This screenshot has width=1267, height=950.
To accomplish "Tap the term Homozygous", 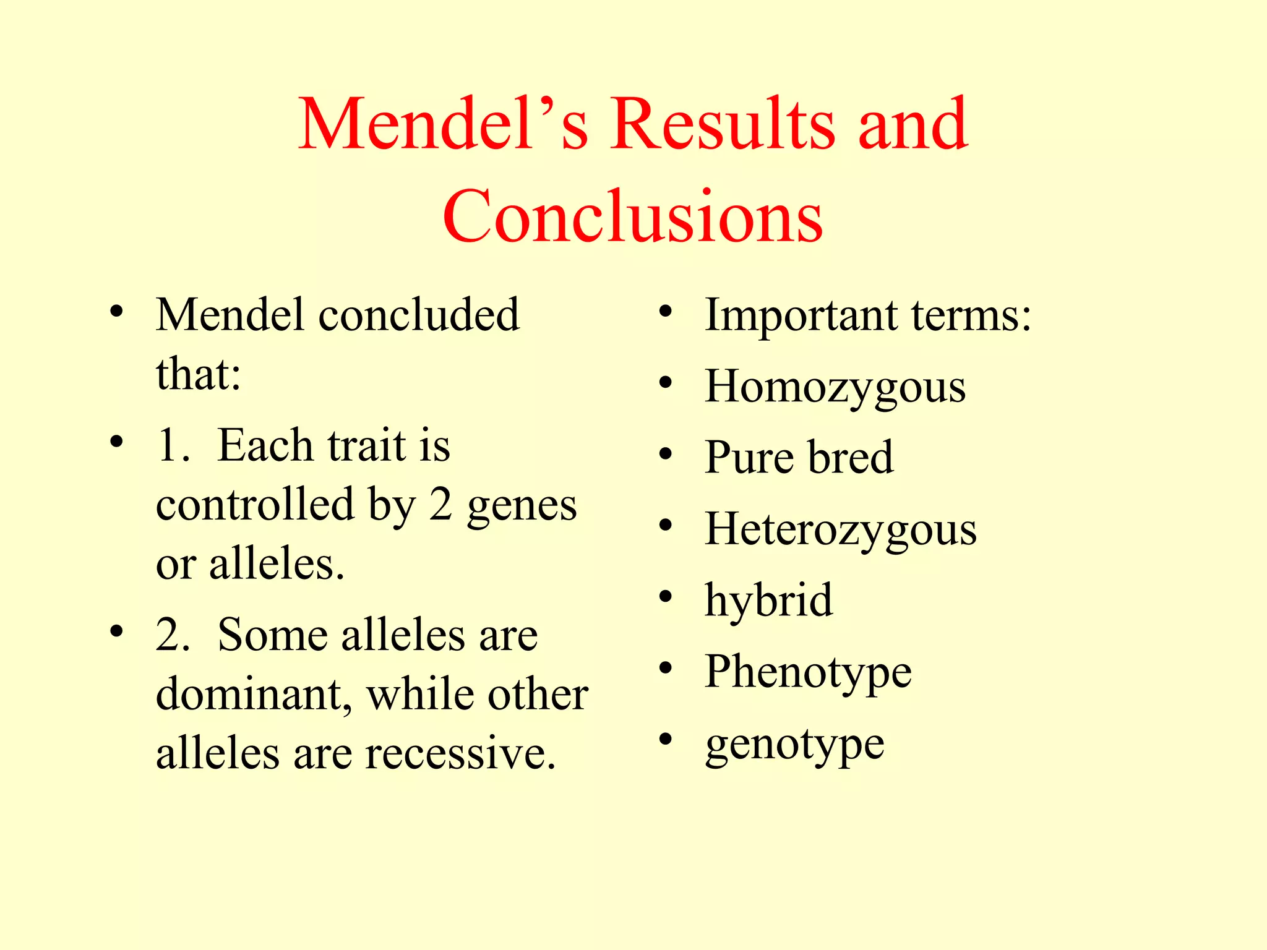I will point(835,387).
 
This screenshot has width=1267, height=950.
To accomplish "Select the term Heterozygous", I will point(840,530).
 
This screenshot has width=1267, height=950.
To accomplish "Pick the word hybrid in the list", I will point(768,601).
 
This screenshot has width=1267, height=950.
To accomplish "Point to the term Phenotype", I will point(808,672).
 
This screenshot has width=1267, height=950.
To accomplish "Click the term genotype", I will point(794,745).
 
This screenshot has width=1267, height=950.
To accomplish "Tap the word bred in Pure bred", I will point(850,458).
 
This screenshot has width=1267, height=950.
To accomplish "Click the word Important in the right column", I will point(801,316).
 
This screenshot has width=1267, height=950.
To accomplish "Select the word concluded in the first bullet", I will point(419,315).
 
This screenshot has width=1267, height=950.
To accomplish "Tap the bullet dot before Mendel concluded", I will point(116,312).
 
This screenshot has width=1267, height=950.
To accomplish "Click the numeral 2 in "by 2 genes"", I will point(440,505).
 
